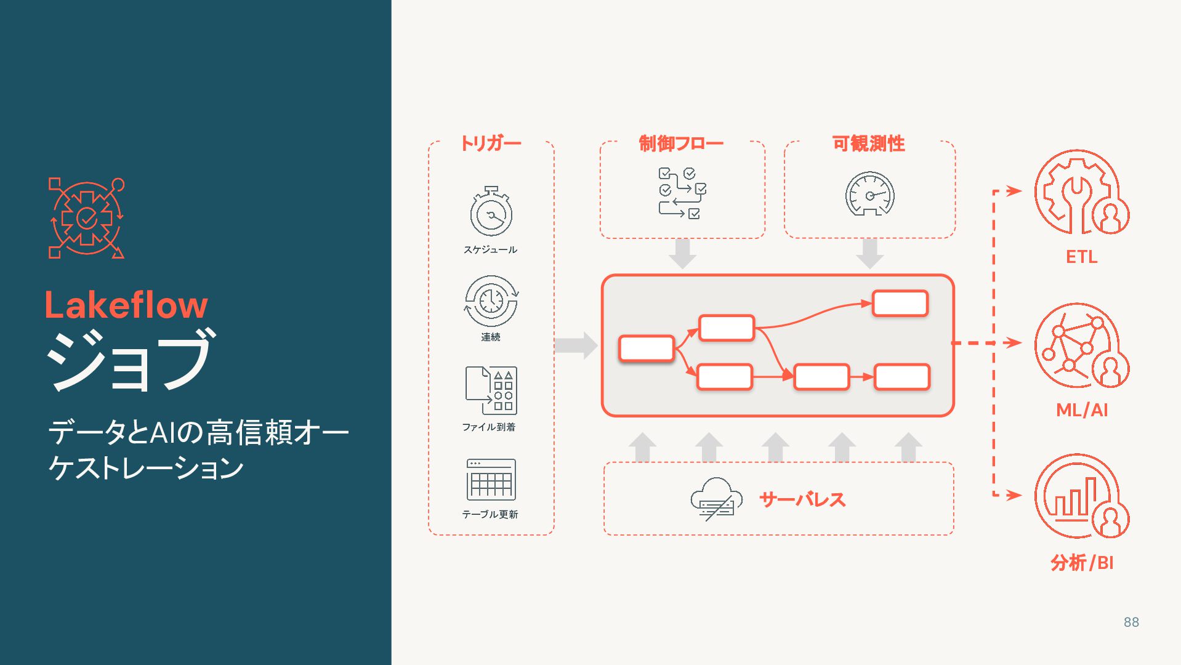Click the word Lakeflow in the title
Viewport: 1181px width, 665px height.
click(126, 305)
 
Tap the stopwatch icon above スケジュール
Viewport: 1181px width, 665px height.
click(491, 212)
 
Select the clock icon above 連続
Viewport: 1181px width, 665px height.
click(491, 301)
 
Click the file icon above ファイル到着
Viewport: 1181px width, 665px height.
click(491, 390)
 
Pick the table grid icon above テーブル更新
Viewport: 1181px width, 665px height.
click(491, 480)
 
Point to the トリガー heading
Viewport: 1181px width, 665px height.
click(491, 143)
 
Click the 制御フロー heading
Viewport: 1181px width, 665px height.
click(681, 143)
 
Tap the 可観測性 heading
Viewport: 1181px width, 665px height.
click(869, 143)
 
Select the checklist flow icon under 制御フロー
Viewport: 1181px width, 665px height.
click(682, 193)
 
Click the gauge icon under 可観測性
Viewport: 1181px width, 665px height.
click(869, 195)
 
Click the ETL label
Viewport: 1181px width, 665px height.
click(1081, 257)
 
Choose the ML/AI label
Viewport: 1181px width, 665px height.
click(1082, 410)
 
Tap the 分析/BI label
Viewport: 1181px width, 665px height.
click(1082, 563)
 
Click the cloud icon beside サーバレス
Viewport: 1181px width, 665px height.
click(715, 499)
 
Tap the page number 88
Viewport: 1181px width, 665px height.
click(1131, 623)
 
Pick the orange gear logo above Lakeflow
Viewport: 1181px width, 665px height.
click(86, 218)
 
